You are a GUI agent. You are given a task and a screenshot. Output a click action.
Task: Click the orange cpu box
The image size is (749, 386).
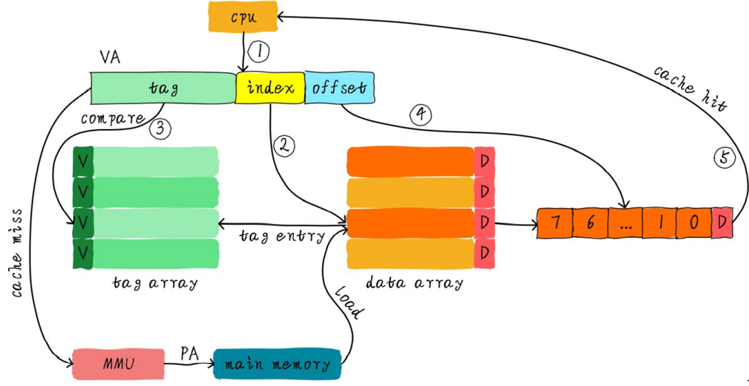point(243,16)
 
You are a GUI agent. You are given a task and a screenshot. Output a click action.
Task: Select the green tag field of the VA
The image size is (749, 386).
point(163,88)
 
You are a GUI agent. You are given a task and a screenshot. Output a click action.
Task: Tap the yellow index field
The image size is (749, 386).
point(270,88)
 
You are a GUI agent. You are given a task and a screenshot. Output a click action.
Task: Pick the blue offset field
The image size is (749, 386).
point(339,88)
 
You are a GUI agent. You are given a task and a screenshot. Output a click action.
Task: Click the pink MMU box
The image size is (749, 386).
point(118,364)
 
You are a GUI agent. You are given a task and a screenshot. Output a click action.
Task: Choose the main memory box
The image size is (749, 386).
point(277,364)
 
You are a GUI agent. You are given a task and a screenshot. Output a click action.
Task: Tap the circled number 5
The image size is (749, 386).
point(724,158)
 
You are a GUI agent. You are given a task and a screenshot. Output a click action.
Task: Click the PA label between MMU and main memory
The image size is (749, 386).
point(189,353)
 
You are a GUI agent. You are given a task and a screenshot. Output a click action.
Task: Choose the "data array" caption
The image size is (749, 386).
point(415,283)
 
